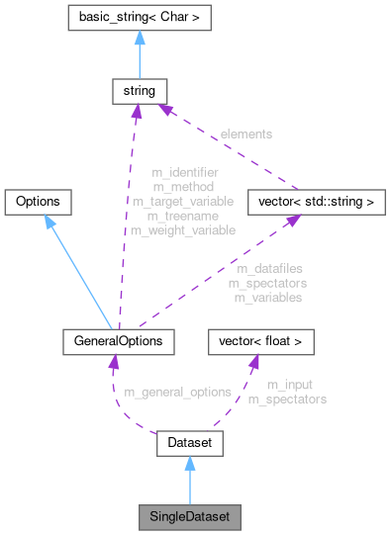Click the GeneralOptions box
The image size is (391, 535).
tap(119, 341)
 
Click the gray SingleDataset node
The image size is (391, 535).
tap(188, 517)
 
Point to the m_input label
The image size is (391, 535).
tap(287, 385)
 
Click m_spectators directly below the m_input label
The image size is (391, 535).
tap(287, 400)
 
